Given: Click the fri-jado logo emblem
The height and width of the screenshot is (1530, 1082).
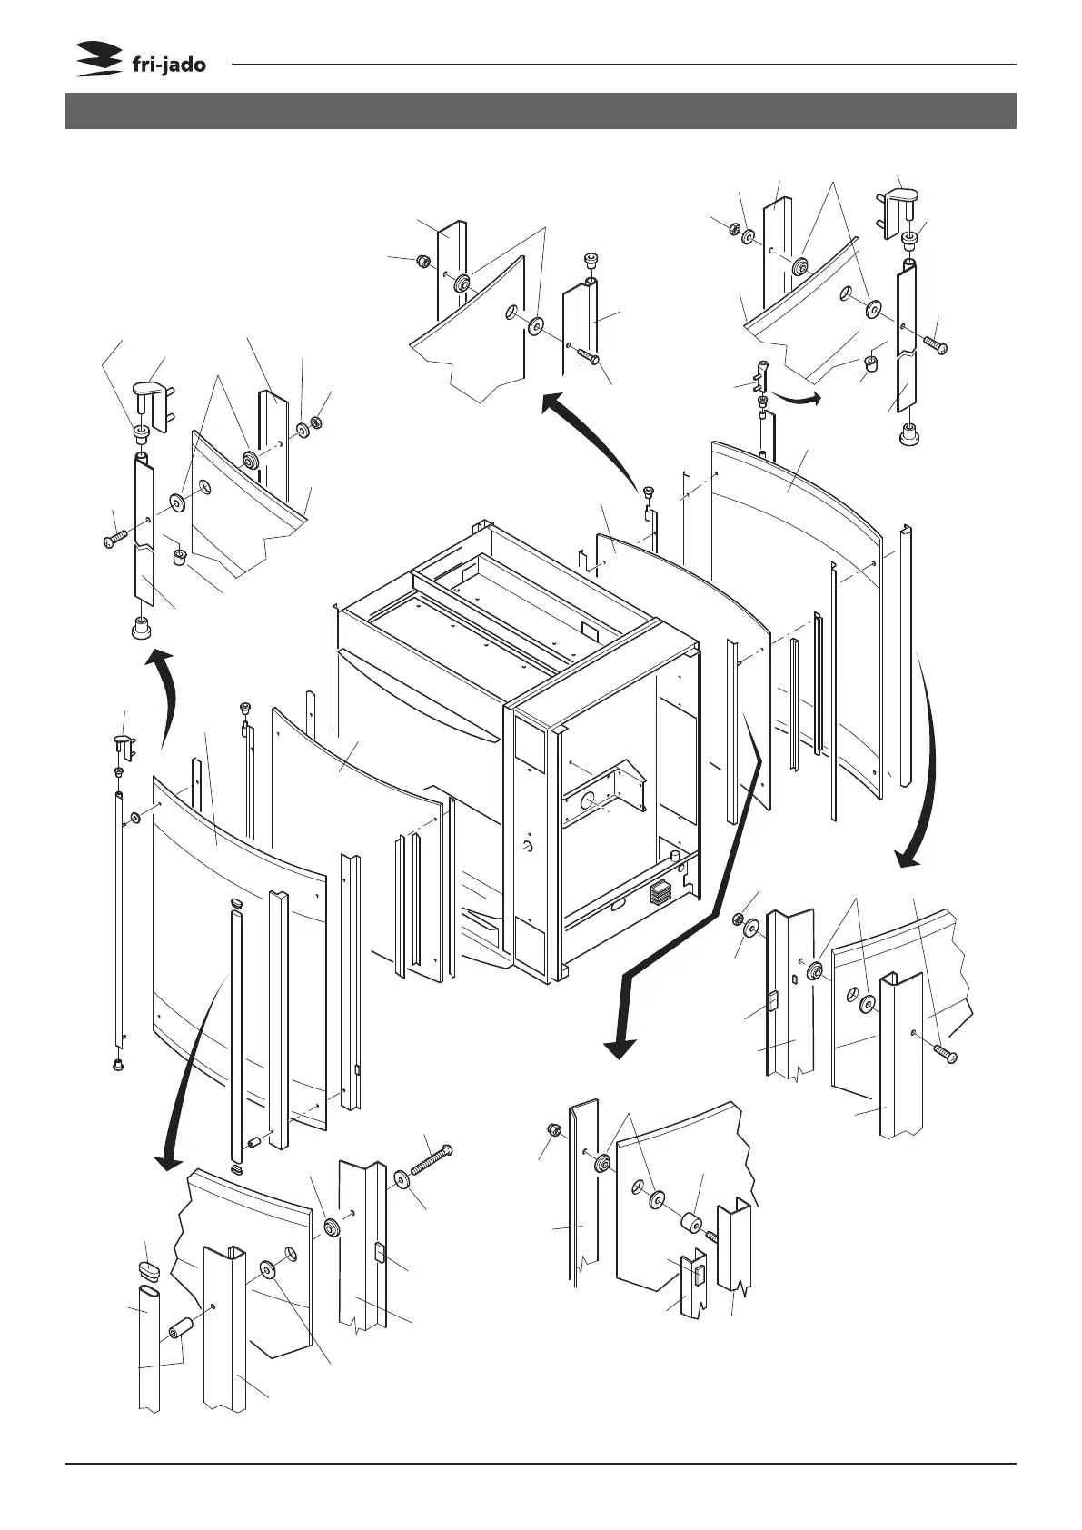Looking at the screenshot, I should (98, 60).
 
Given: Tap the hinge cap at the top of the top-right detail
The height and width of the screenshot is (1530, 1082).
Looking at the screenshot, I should (898, 202).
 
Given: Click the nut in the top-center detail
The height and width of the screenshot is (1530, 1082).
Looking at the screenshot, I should (422, 263).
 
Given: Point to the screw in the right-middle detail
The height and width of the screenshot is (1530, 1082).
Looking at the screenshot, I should (943, 1056).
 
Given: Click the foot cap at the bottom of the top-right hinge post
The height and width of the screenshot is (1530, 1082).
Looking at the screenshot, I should (907, 436).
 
